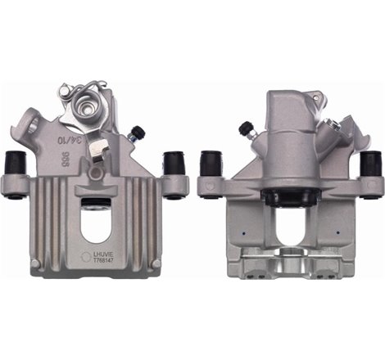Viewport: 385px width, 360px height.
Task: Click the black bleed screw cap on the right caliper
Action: pyautogui.click(x=245, y=128)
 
